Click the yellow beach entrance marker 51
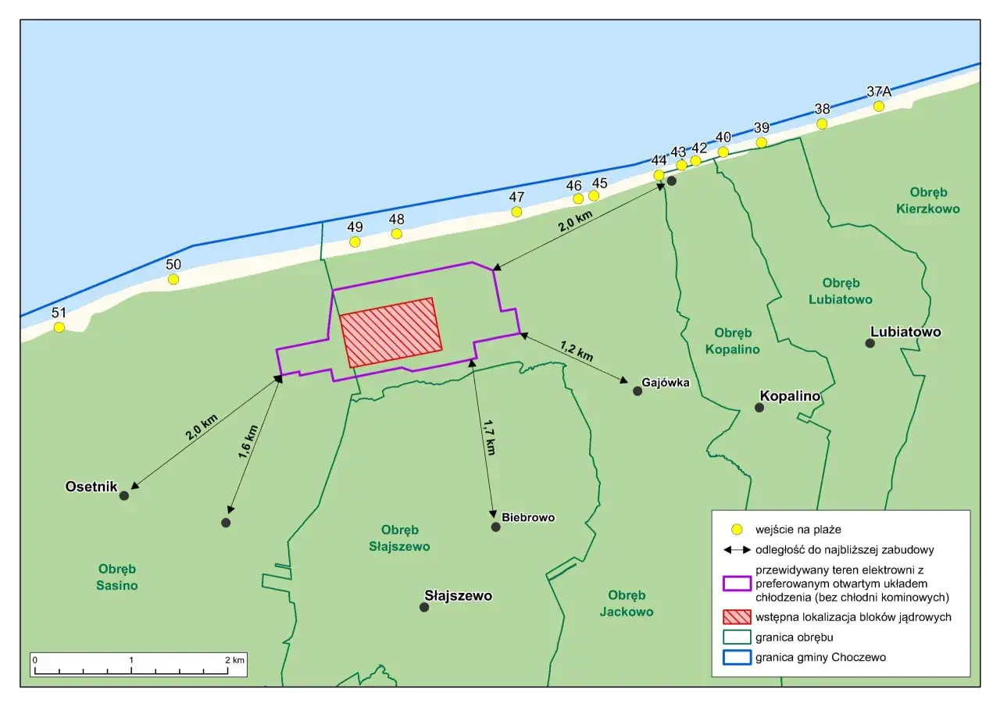coord(59,327)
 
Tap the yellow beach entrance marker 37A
coord(879,106)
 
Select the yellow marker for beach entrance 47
coord(516,212)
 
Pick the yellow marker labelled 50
coord(173,279)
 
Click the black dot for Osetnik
coord(123,495)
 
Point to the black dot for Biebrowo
coord(495,527)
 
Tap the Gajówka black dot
coord(637,391)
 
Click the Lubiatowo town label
coord(905,332)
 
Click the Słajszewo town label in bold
coord(457,595)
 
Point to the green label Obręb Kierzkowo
coord(934,200)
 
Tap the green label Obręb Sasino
coord(118,577)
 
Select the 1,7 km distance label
coord(488,437)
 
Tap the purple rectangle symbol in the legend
coord(737,584)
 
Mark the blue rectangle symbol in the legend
coord(737,657)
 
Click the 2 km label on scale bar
coord(236,659)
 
